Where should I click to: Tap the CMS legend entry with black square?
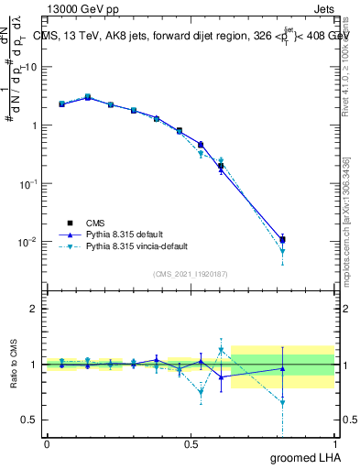point(95,222)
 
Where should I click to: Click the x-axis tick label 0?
point(47,442)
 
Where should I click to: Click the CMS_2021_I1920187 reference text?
point(190,274)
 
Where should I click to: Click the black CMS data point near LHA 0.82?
point(282,240)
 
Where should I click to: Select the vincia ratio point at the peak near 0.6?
point(221,350)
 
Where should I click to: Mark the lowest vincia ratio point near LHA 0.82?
point(282,402)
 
